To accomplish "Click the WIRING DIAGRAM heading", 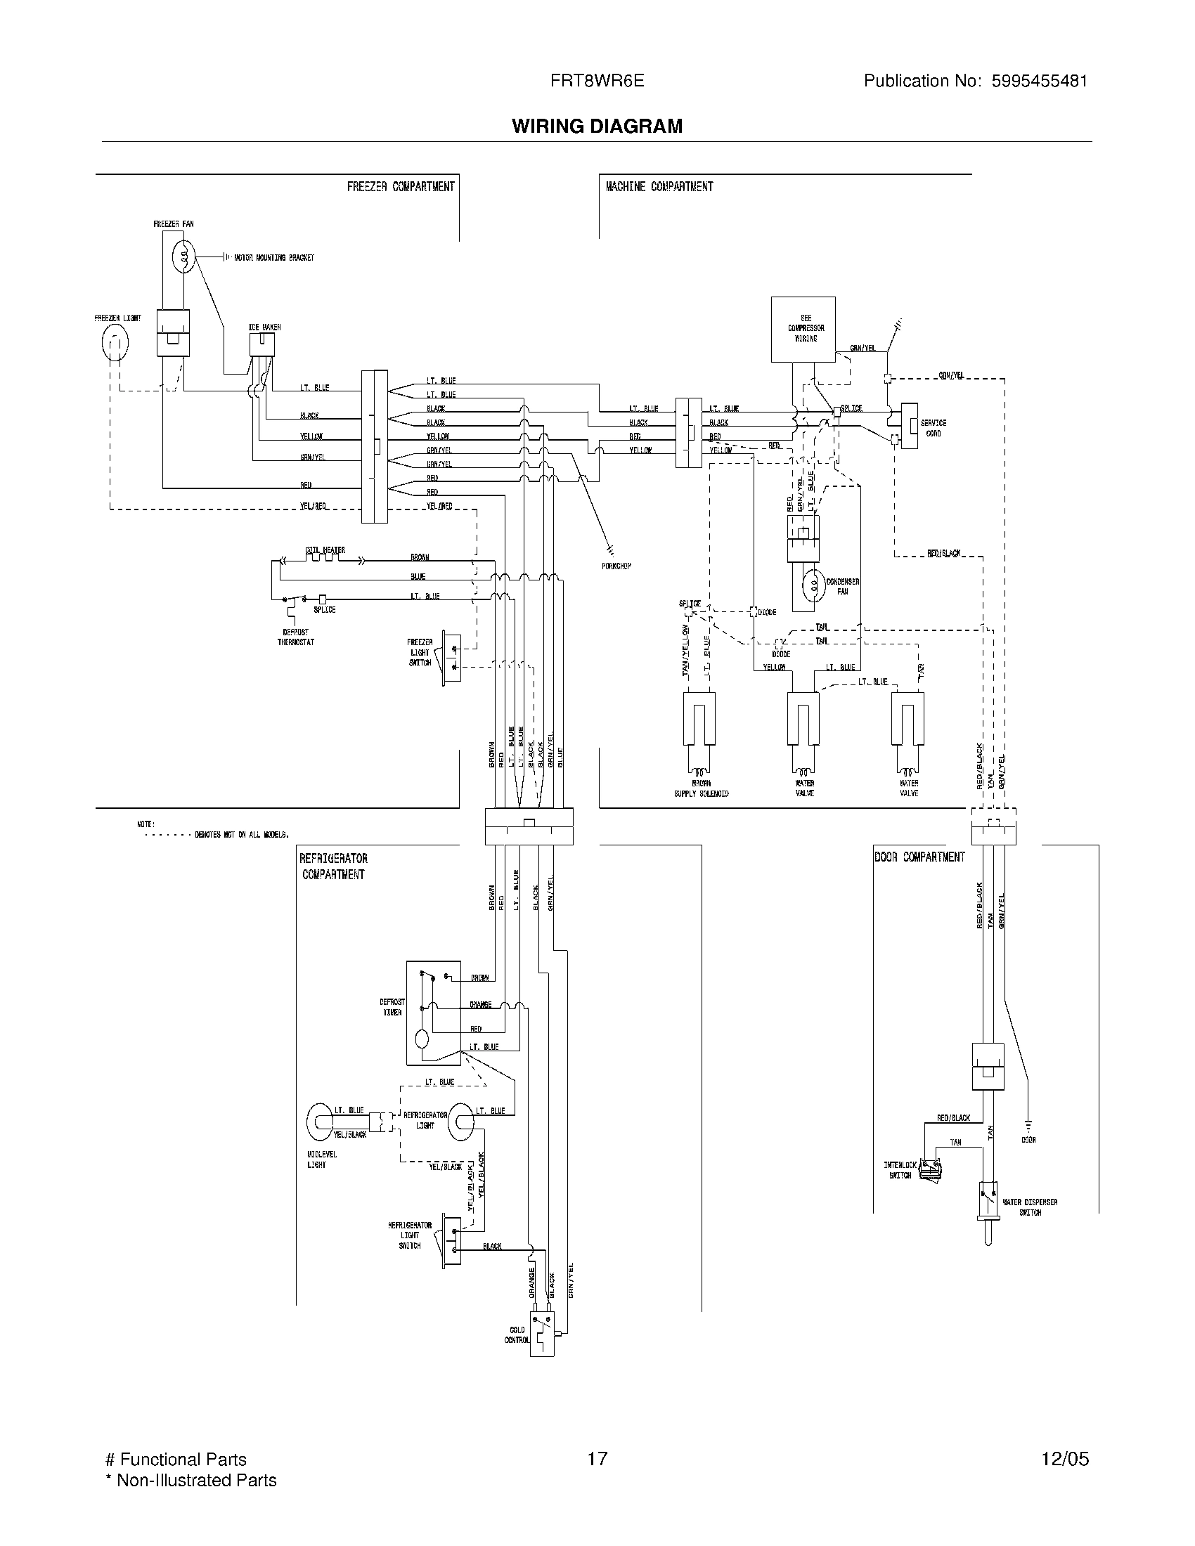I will pos(597,126).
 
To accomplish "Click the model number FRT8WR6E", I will pos(597,81).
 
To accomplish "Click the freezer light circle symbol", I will pos(115,344).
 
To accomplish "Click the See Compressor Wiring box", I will pos(803,329).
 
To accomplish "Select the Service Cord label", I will pos(933,427).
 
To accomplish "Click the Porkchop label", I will pos(616,566).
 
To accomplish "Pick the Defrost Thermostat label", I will pos(295,637).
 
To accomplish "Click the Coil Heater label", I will pos(325,550).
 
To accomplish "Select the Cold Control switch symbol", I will pos(543,1334).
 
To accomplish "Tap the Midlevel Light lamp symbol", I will pos(320,1122).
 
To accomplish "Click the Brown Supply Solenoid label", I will pos(701,788).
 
